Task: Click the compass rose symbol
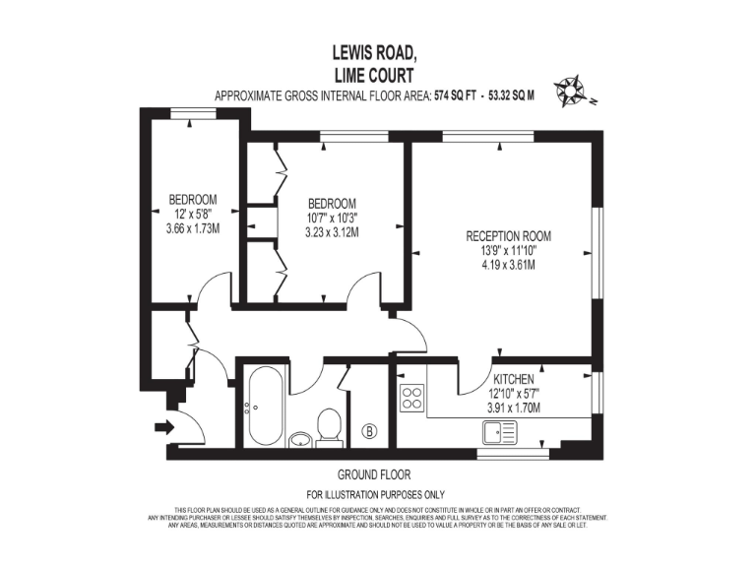pos(570,92)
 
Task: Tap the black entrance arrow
pos(162,426)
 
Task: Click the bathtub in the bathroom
pos(266,406)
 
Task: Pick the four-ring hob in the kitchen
pos(410,399)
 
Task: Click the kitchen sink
pos(500,430)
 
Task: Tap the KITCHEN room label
pos(513,379)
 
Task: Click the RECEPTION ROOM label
pos(508,236)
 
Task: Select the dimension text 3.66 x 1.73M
pos(192,228)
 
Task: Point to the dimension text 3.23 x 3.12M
pos(331,233)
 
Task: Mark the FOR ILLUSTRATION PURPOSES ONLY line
pos(375,494)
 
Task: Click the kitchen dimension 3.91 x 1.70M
pos(513,407)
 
